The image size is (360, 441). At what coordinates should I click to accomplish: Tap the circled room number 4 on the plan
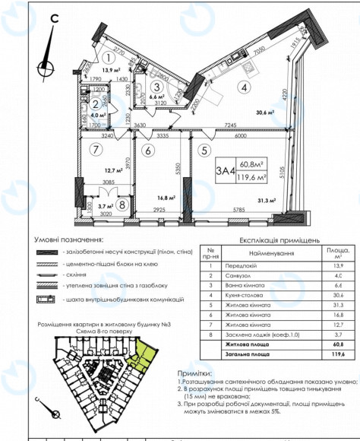[244, 87]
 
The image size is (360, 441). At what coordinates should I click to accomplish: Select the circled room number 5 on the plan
[203, 150]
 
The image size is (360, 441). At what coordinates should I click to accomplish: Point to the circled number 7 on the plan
[96, 149]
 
